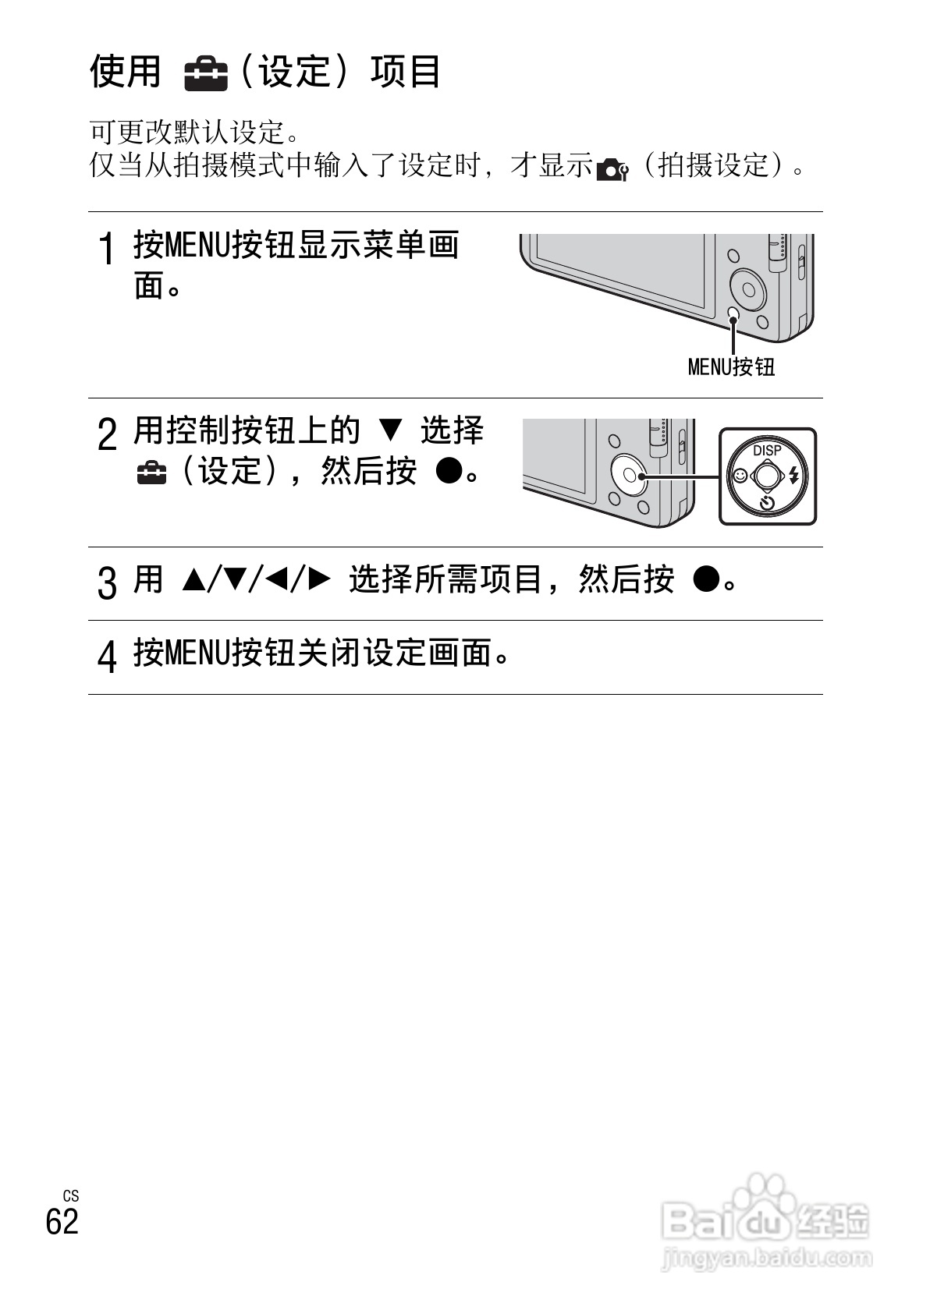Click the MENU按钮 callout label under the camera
tap(731, 366)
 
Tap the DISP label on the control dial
tap(767, 450)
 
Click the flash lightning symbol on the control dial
tap(795, 475)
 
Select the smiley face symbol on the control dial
tap(739, 475)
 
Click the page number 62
tap(62, 1221)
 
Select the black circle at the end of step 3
tap(705, 579)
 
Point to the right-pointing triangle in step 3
tap(320, 579)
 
